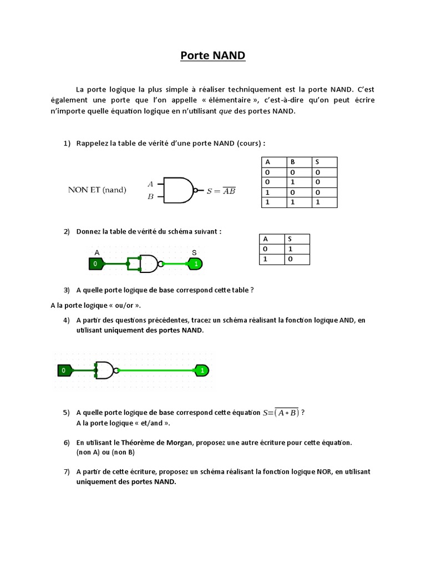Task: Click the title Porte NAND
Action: pyautogui.click(x=213, y=55)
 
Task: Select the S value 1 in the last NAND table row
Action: pyautogui.click(x=318, y=202)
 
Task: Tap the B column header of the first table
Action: pyautogui.click(x=292, y=162)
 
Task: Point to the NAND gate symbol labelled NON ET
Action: pyautogui.click(x=177, y=190)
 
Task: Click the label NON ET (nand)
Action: pyautogui.click(x=97, y=190)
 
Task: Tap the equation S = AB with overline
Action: pyautogui.click(x=221, y=191)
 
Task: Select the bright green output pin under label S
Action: pyautogui.click(x=195, y=264)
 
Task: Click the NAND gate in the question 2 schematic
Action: pyautogui.click(x=149, y=264)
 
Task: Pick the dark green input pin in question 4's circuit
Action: pyautogui.click(x=64, y=370)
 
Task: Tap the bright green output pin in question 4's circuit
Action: pyautogui.click(x=202, y=370)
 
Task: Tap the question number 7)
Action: pyautogui.click(x=66, y=472)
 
